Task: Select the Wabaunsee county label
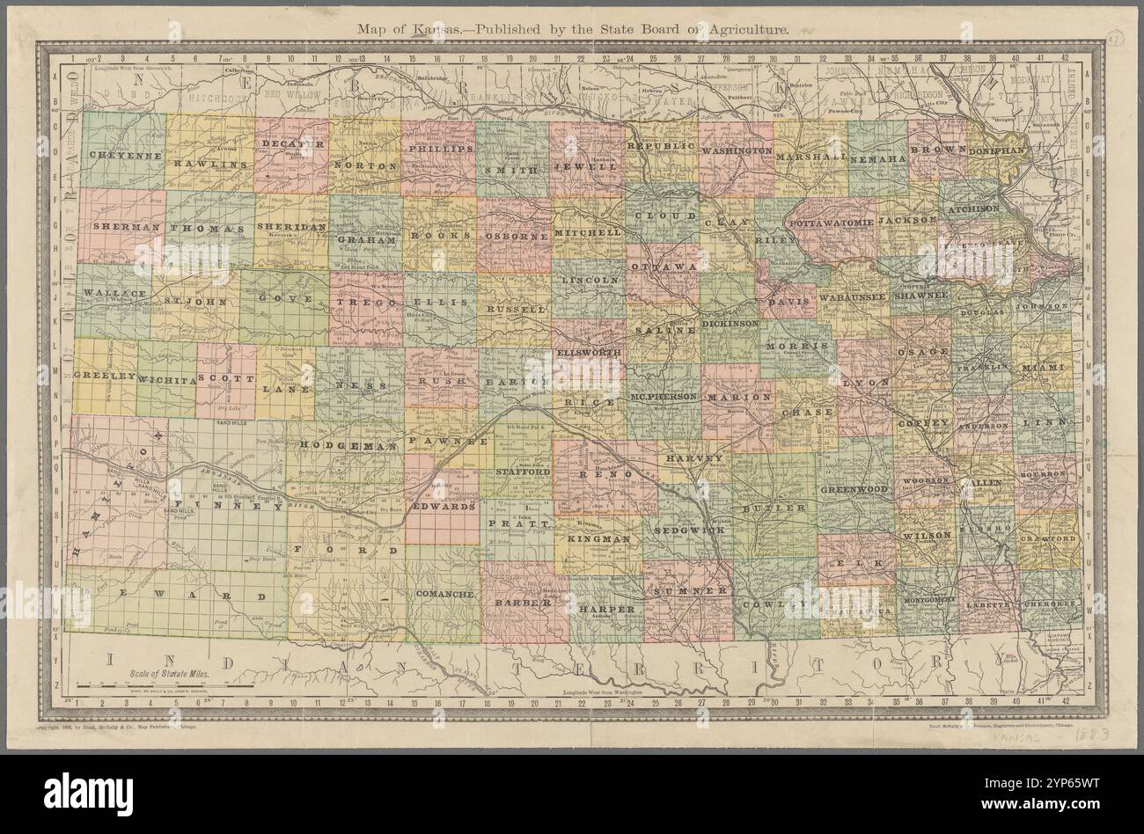click(x=852, y=298)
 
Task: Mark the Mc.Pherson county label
click(x=663, y=397)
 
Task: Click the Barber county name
click(x=522, y=604)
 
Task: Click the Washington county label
click(x=736, y=151)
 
